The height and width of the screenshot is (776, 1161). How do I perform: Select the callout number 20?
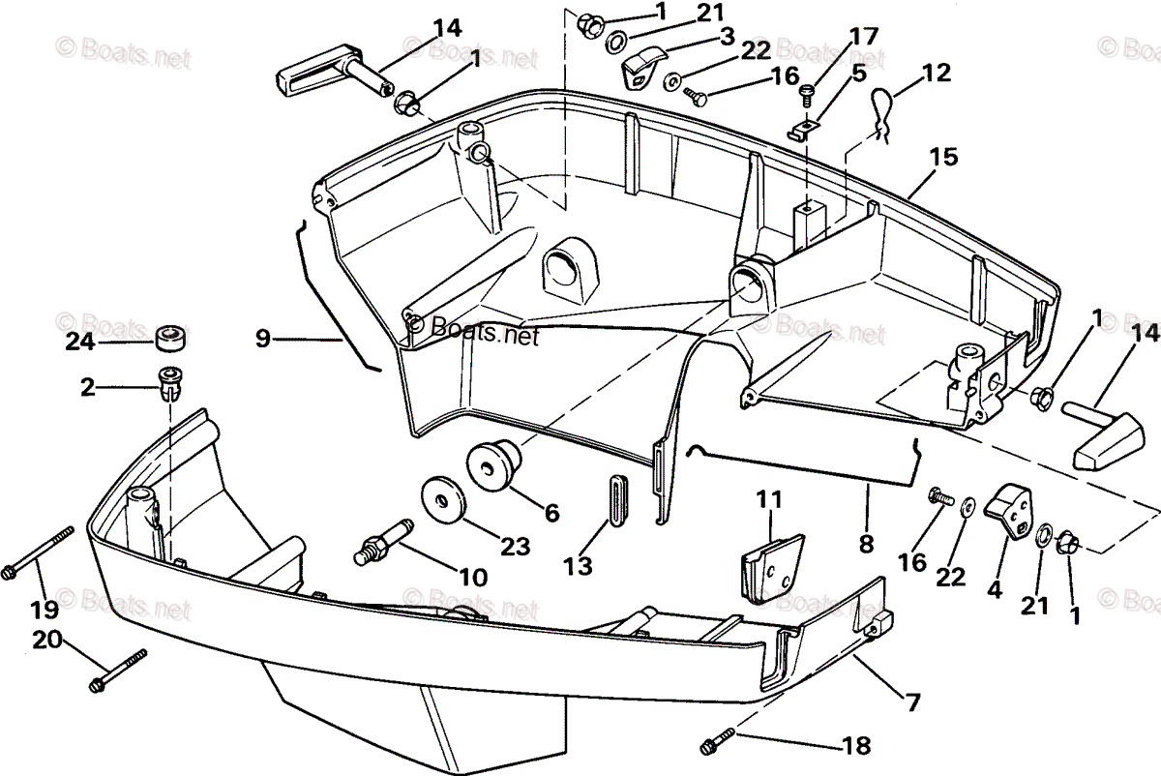48,640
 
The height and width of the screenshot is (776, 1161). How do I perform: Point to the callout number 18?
856,746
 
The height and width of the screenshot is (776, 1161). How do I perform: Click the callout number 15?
944,157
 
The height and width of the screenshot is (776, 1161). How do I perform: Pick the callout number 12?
937,72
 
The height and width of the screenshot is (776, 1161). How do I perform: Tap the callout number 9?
262,339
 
